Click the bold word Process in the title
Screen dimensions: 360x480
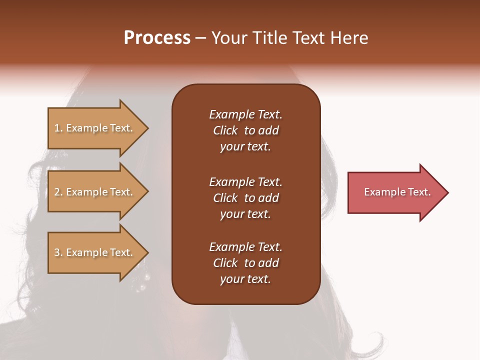point(157,38)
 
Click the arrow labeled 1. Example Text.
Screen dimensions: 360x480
point(95,128)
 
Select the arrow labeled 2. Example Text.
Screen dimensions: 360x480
point(95,192)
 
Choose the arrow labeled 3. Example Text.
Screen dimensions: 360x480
point(95,252)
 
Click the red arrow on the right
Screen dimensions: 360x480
point(395,192)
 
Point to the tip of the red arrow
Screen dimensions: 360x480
point(447,192)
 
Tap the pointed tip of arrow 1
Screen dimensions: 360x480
point(147,128)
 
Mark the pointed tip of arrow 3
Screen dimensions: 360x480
point(147,252)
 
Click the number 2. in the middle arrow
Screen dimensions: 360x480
point(58,192)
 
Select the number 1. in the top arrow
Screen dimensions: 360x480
point(58,128)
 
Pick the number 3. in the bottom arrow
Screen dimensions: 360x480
point(58,252)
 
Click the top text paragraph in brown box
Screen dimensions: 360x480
point(245,130)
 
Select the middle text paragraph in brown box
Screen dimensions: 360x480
point(245,198)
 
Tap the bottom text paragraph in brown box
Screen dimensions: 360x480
point(245,263)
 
